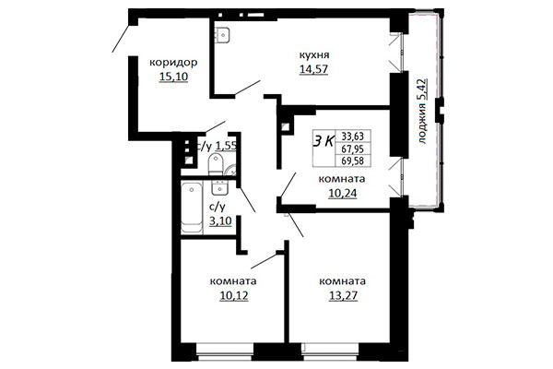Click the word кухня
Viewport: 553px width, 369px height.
[x=314, y=55]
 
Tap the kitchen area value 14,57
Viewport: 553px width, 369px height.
[x=313, y=69]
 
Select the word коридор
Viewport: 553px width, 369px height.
[x=173, y=64]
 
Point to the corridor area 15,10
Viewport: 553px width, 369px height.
[x=173, y=77]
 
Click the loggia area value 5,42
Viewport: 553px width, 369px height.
[x=422, y=90]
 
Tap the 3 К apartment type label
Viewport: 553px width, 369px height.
[x=324, y=141]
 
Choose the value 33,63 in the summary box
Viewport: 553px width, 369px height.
[x=352, y=137]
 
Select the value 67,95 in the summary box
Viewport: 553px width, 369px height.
[x=352, y=149]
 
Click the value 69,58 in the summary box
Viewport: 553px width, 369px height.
[x=352, y=161]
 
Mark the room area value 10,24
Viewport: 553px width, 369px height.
[x=343, y=194]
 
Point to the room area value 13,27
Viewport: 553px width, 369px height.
[x=343, y=295]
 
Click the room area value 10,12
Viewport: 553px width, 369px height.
[x=234, y=295]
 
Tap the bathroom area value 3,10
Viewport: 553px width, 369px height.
[x=220, y=221]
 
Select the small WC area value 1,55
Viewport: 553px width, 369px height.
[x=226, y=146]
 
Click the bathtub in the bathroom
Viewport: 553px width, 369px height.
[x=192, y=208]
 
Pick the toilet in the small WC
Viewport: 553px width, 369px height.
[x=215, y=164]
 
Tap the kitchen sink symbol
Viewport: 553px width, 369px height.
[x=222, y=35]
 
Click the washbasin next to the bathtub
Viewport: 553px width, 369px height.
[x=220, y=187]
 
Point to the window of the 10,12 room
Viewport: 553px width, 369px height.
[x=225, y=351]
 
